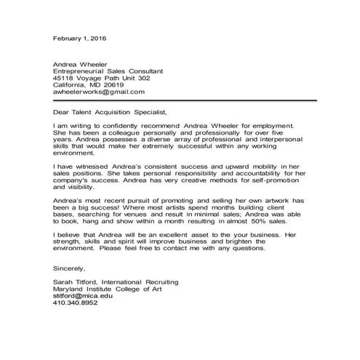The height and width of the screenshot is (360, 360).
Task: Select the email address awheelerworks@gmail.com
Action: click(x=99, y=92)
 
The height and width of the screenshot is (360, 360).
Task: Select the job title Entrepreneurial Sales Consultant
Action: click(x=108, y=71)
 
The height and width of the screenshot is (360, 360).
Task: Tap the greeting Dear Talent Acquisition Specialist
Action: click(x=110, y=112)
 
